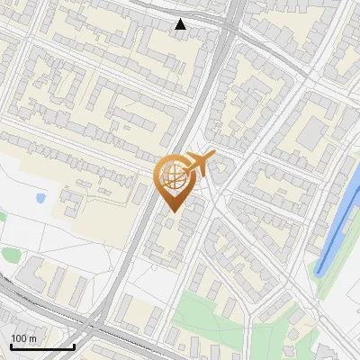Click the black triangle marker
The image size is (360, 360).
tap(181, 24)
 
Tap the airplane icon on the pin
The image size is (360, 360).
tap(200, 163)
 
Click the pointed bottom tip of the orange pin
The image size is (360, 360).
tap(172, 212)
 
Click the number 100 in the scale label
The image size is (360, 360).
tap(20, 337)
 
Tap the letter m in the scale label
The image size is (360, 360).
tap(34, 337)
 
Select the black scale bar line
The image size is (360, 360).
tap(42, 346)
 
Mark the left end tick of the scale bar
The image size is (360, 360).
tap(11, 345)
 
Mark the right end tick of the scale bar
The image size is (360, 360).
tap(74, 345)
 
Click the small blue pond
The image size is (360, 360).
tap(40, 197)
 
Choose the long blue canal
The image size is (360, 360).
tap(337, 225)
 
